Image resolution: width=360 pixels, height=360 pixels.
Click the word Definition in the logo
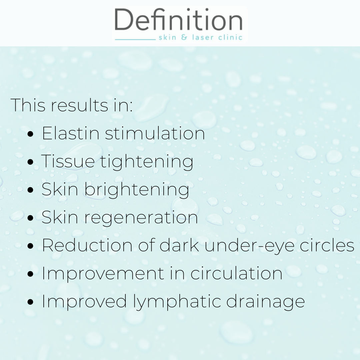click(x=178, y=19)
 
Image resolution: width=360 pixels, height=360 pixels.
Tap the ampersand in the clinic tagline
click(x=184, y=37)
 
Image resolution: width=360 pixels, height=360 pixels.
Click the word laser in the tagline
click(x=203, y=37)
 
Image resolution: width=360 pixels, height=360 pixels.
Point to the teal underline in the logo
click(x=135, y=39)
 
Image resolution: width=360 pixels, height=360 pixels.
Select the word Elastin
click(x=70, y=133)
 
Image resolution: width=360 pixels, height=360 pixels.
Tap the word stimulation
click(x=155, y=133)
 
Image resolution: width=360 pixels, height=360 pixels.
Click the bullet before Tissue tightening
click(x=30, y=162)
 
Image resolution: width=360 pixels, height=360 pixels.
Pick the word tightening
click(x=146, y=162)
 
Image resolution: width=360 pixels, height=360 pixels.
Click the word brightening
click(x=137, y=190)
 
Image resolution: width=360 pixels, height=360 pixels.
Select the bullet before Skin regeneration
click(x=30, y=218)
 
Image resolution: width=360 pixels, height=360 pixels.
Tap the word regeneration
click(x=141, y=218)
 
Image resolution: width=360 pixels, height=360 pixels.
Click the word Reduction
click(x=87, y=245)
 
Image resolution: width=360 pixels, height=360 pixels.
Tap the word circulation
click(x=236, y=273)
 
